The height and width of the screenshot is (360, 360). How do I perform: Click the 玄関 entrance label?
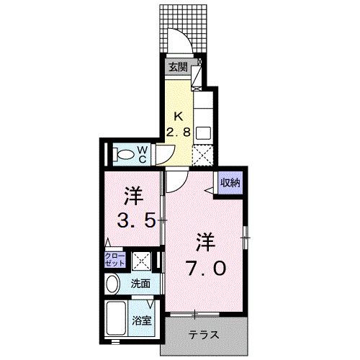pyautogui.click(x=178, y=67)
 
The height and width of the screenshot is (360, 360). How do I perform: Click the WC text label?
pyautogui.click(x=143, y=153)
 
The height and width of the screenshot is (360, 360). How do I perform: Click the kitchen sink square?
pyautogui.click(x=202, y=133)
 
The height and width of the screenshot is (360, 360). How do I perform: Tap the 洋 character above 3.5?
pyautogui.click(x=132, y=195)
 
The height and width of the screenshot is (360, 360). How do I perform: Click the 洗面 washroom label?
pyautogui.click(x=140, y=284)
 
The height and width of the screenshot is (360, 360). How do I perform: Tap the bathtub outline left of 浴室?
pyautogui.click(x=117, y=317)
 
